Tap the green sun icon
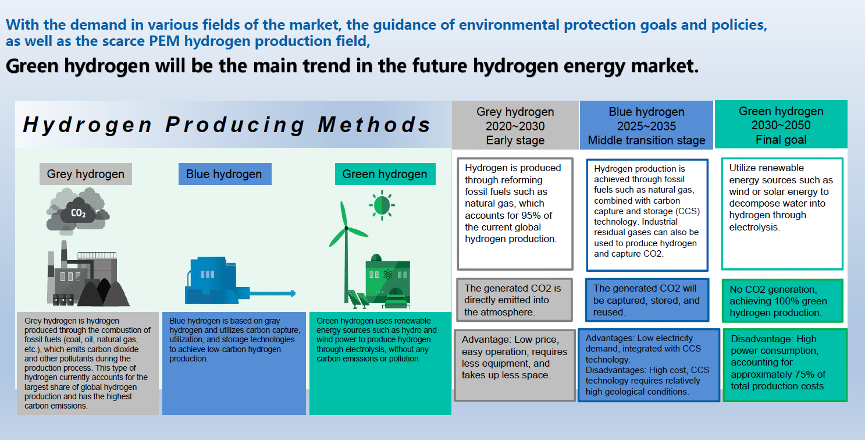(x=382, y=205)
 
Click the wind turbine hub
(x=346, y=228)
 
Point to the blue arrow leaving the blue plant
(x=272, y=293)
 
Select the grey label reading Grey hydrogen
(x=86, y=174)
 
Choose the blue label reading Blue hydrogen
(x=225, y=174)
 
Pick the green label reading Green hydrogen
(x=385, y=174)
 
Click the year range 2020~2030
(x=515, y=126)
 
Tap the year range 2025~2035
(x=646, y=126)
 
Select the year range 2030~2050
(x=781, y=125)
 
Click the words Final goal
(x=781, y=140)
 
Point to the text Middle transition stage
(x=646, y=140)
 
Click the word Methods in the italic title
(x=374, y=125)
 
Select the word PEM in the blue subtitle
(x=164, y=41)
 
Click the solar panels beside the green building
(x=358, y=299)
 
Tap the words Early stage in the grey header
(x=515, y=140)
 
